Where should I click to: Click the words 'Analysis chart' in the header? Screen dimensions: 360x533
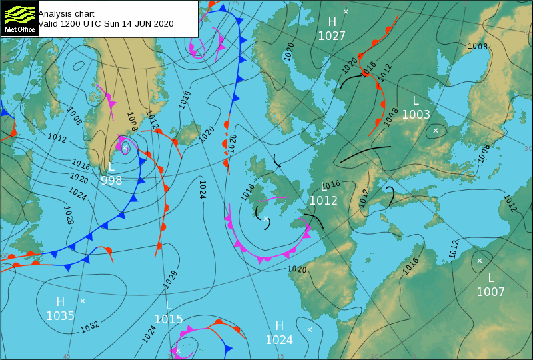coord(66,13)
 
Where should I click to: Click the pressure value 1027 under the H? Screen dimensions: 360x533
coord(332,36)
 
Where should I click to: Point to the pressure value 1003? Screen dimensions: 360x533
coord(416,115)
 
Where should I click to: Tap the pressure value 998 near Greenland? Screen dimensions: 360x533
coord(111,180)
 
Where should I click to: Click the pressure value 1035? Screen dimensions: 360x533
coord(60,316)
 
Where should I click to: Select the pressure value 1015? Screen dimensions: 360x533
coord(169,319)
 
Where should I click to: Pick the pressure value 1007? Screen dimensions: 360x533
coord(490,292)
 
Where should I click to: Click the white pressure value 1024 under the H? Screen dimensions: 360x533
coord(279,340)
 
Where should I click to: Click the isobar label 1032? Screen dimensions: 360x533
coord(90,327)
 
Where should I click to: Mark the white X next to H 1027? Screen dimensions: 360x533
coord(346,11)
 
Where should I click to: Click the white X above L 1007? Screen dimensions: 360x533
coord(479,261)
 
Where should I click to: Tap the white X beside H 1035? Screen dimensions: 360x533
coord(83,301)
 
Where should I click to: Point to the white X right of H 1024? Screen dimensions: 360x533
coord(310,329)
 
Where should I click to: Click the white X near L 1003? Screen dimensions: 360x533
coord(436,131)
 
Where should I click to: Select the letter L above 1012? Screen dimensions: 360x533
coord(324,187)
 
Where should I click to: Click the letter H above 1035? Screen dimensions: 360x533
coord(60,301)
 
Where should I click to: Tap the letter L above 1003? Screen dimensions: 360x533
coord(416,101)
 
